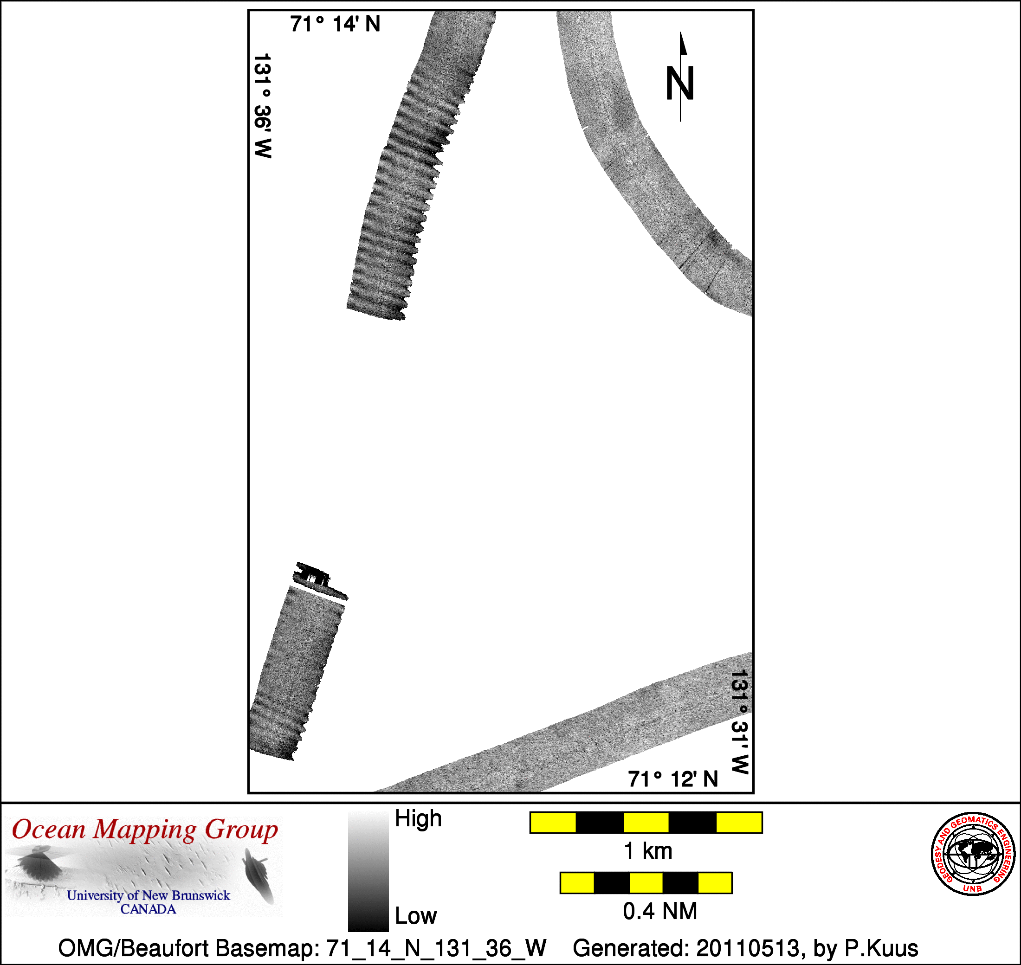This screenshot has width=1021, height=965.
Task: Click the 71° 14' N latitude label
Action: pyautogui.click(x=335, y=24)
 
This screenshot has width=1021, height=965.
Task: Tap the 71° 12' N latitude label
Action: pyautogui.click(x=672, y=779)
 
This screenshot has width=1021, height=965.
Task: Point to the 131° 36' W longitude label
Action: pyautogui.click(x=263, y=106)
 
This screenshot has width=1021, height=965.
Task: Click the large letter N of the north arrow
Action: pyautogui.click(x=680, y=84)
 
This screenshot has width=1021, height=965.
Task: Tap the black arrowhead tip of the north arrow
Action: pyautogui.click(x=680, y=32)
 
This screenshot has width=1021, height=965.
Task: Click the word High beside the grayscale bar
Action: pyautogui.click(x=418, y=818)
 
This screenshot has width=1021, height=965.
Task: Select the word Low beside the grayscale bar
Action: pyautogui.click(x=416, y=916)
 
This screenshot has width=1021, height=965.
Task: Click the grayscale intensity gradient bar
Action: pyautogui.click(x=368, y=871)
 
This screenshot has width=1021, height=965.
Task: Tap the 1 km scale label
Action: pyautogui.click(x=648, y=851)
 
